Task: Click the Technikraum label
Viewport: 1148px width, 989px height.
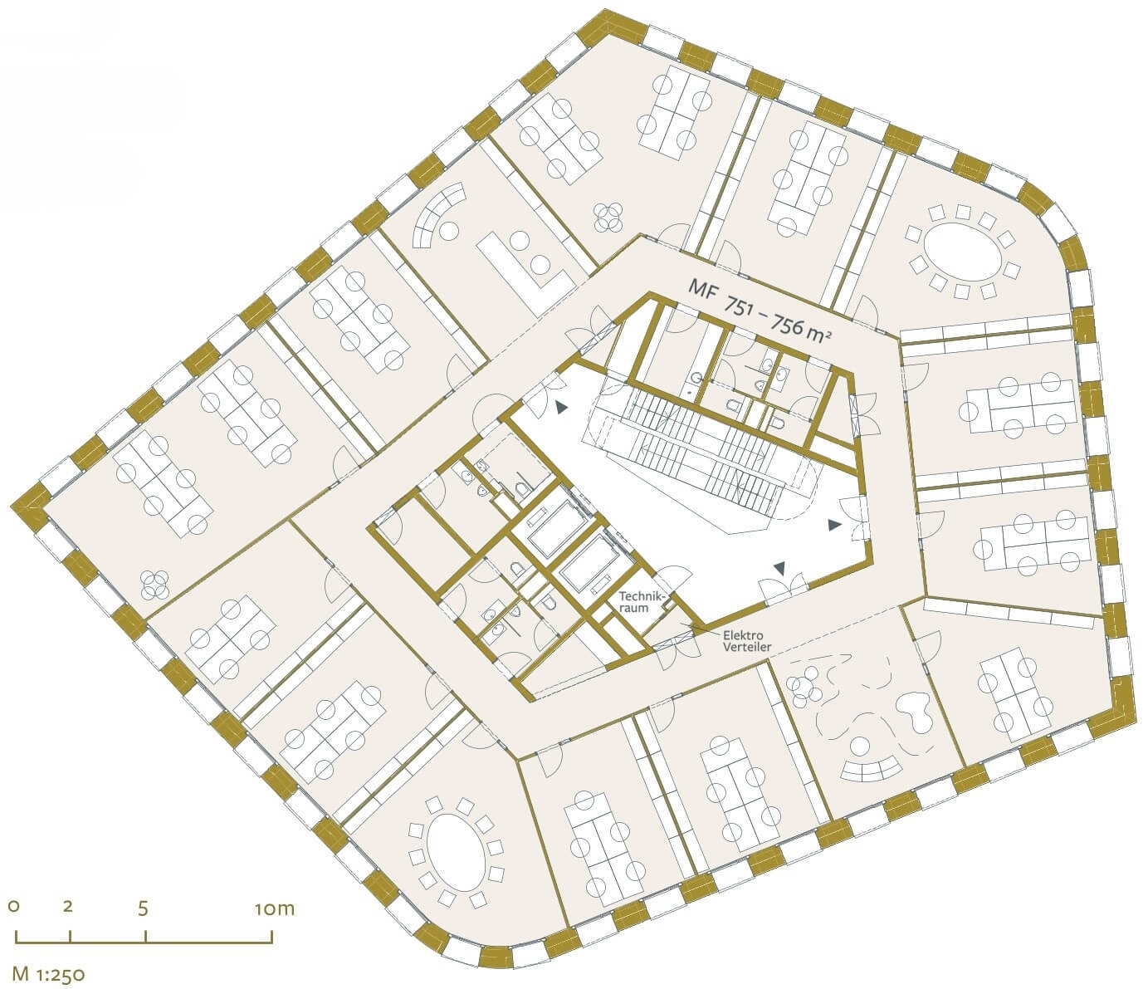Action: [x=642, y=602]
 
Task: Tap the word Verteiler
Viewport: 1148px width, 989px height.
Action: [x=746, y=647]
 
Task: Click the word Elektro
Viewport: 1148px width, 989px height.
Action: [x=743, y=634]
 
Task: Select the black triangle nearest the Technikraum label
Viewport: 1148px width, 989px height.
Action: [x=780, y=567]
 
